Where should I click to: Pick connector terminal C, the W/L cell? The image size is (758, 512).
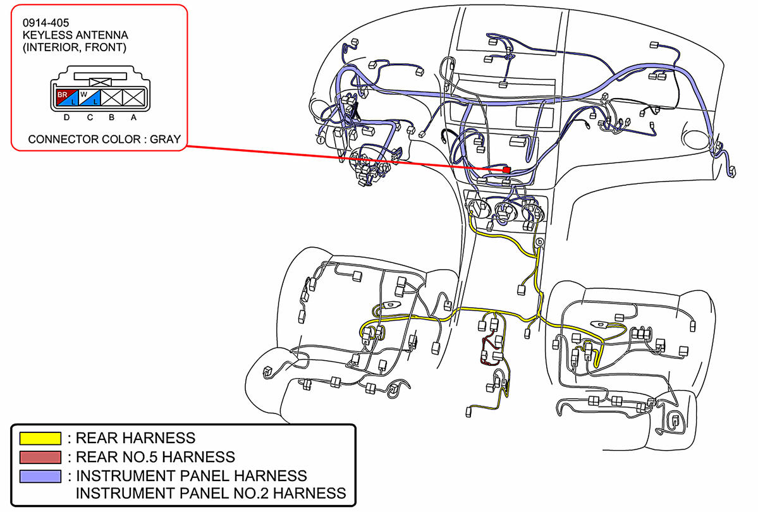click(89, 97)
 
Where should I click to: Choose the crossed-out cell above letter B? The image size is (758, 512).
click(111, 97)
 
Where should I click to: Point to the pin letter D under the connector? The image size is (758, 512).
click(66, 116)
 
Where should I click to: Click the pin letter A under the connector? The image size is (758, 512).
click(133, 116)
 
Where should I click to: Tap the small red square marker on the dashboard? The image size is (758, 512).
click(506, 169)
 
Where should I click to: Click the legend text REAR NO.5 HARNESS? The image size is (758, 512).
click(155, 456)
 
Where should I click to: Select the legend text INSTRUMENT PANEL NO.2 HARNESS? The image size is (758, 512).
click(211, 493)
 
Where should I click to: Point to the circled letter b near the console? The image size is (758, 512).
click(539, 242)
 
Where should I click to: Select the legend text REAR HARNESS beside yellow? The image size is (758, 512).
click(135, 437)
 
